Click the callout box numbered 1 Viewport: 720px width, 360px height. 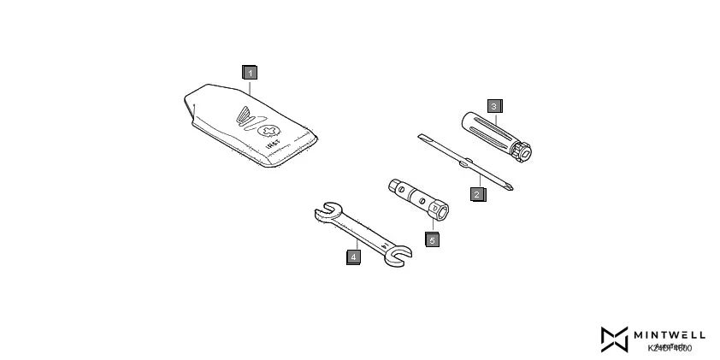pyautogui.click(x=249, y=73)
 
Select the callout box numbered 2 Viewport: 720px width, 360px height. pyautogui.click(x=477, y=193)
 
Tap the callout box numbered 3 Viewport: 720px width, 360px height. pyautogui.click(x=494, y=106)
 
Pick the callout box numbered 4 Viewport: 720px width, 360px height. pyautogui.click(x=352, y=254)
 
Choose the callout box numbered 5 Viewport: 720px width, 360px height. pyautogui.click(x=432, y=239)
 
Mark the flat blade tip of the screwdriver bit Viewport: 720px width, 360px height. pyautogui.click(x=420, y=136)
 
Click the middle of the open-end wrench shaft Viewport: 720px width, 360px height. pyautogui.click(x=359, y=232)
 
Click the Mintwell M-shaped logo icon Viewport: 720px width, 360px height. pyautogui.click(x=613, y=339)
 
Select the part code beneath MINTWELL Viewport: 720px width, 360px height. pyautogui.click(x=669, y=348)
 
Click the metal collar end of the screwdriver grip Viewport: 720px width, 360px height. pyautogui.click(x=523, y=151)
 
